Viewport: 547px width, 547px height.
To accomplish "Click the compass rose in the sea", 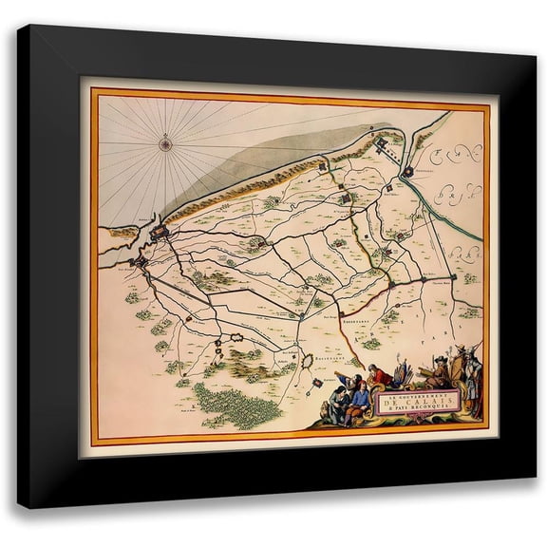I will (164, 144).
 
